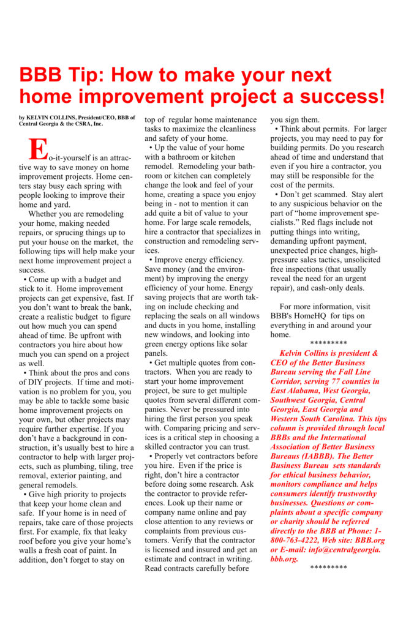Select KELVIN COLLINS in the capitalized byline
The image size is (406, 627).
[x=52, y=117]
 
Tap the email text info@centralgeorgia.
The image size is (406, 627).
[x=333, y=549]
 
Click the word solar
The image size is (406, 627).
[x=240, y=345]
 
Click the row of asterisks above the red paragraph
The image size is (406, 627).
[x=329, y=343]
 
